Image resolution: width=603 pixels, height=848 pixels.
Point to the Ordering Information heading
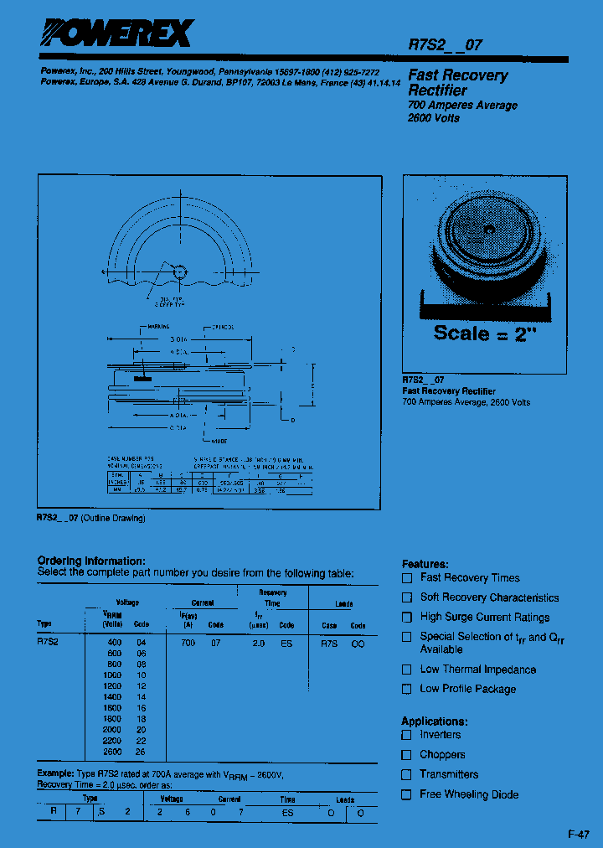(x=91, y=561)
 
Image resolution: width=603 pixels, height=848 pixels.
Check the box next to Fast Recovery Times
(x=407, y=578)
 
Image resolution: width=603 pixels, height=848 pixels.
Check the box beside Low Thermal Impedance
(x=407, y=670)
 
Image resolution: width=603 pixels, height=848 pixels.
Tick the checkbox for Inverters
(x=407, y=735)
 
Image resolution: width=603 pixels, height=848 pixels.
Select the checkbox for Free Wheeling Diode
(x=407, y=794)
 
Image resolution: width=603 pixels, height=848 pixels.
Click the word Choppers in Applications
(x=442, y=755)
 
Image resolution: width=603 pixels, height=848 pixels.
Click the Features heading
(x=425, y=564)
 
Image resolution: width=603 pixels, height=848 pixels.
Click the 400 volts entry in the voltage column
(x=113, y=642)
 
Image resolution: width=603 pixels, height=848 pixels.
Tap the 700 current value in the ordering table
(x=188, y=642)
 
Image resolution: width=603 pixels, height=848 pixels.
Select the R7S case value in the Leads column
(x=329, y=642)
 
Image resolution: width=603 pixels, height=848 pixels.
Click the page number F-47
(x=579, y=835)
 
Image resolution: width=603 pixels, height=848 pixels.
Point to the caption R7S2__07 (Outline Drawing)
(x=91, y=518)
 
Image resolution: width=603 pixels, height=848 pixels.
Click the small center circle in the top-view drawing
(x=179, y=271)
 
